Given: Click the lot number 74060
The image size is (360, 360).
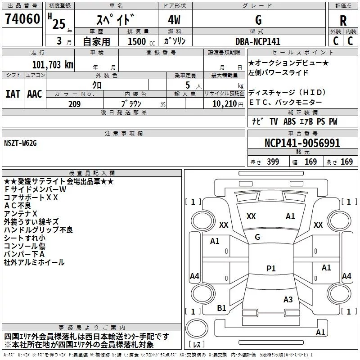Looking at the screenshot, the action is tap(22, 19).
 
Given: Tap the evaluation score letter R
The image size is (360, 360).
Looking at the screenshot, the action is tap(343, 20).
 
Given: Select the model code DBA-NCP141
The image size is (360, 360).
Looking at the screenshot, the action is tap(257, 41).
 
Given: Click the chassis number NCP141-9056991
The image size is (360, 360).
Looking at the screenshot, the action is tap(302, 144).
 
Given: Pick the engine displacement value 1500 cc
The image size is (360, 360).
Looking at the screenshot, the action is tap(138, 41).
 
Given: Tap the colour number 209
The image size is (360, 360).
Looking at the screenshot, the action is tap(74, 104).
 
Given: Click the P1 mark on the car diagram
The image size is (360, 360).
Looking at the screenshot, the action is tap(271, 269).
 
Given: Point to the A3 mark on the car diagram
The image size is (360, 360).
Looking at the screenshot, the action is tap(288, 299).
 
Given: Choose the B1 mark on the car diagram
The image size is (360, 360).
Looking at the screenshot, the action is tap(221, 308).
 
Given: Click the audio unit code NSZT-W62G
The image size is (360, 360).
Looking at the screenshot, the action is tap(20, 143).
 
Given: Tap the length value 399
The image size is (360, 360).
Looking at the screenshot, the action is tap(272, 162).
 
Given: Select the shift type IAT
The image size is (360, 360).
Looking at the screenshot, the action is tap(13, 94).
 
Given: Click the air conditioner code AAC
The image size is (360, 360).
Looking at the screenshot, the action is tap(34, 94).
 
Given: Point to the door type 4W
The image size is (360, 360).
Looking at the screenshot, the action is tap(175, 20).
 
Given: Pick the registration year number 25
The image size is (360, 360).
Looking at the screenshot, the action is tap(58, 23).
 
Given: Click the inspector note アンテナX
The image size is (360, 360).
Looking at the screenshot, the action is tap(21, 213).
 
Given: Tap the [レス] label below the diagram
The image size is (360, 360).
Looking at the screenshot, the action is tap(196, 345).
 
